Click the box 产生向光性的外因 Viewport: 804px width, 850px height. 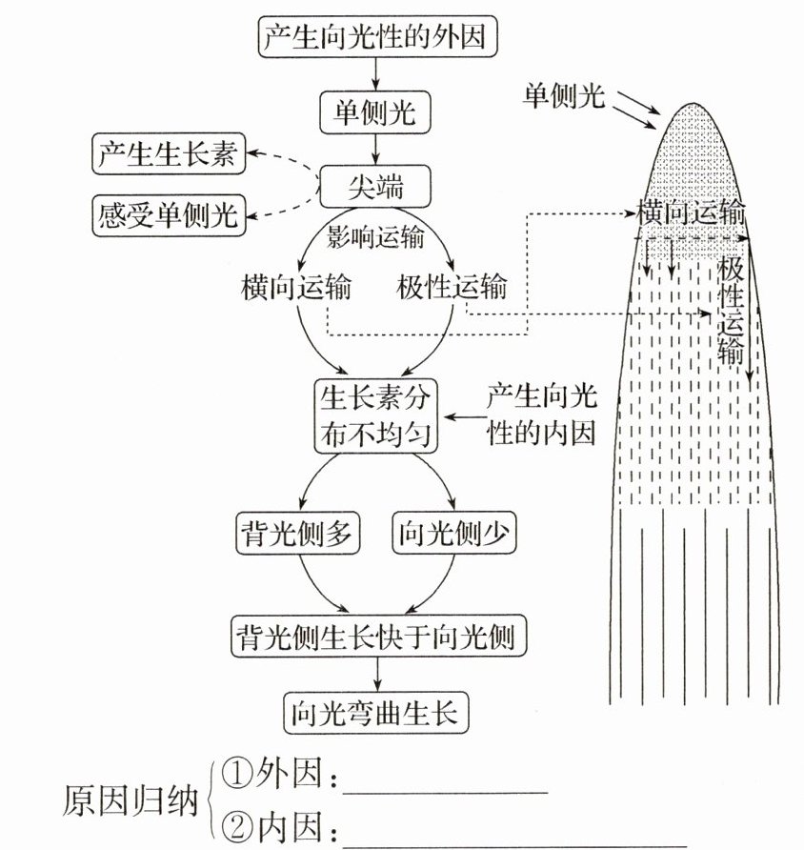click(x=378, y=37)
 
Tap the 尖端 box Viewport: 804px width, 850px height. click(x=378, y=185)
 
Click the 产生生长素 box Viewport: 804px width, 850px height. click(x=169, y=153)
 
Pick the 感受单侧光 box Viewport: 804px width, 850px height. click(x=169, y=214)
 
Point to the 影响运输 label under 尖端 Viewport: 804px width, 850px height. click(x=376, y=234)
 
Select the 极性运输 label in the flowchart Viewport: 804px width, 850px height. click(x=452, y=285)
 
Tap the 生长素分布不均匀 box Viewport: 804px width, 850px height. click(x=376, y=415)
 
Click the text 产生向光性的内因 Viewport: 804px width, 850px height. click(x=541, y=415)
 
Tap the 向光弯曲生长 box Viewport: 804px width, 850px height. click(x=378, y=711)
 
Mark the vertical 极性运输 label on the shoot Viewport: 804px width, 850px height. click(x=732, y=310)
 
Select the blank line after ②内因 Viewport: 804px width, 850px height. click(x=514, y=840)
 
